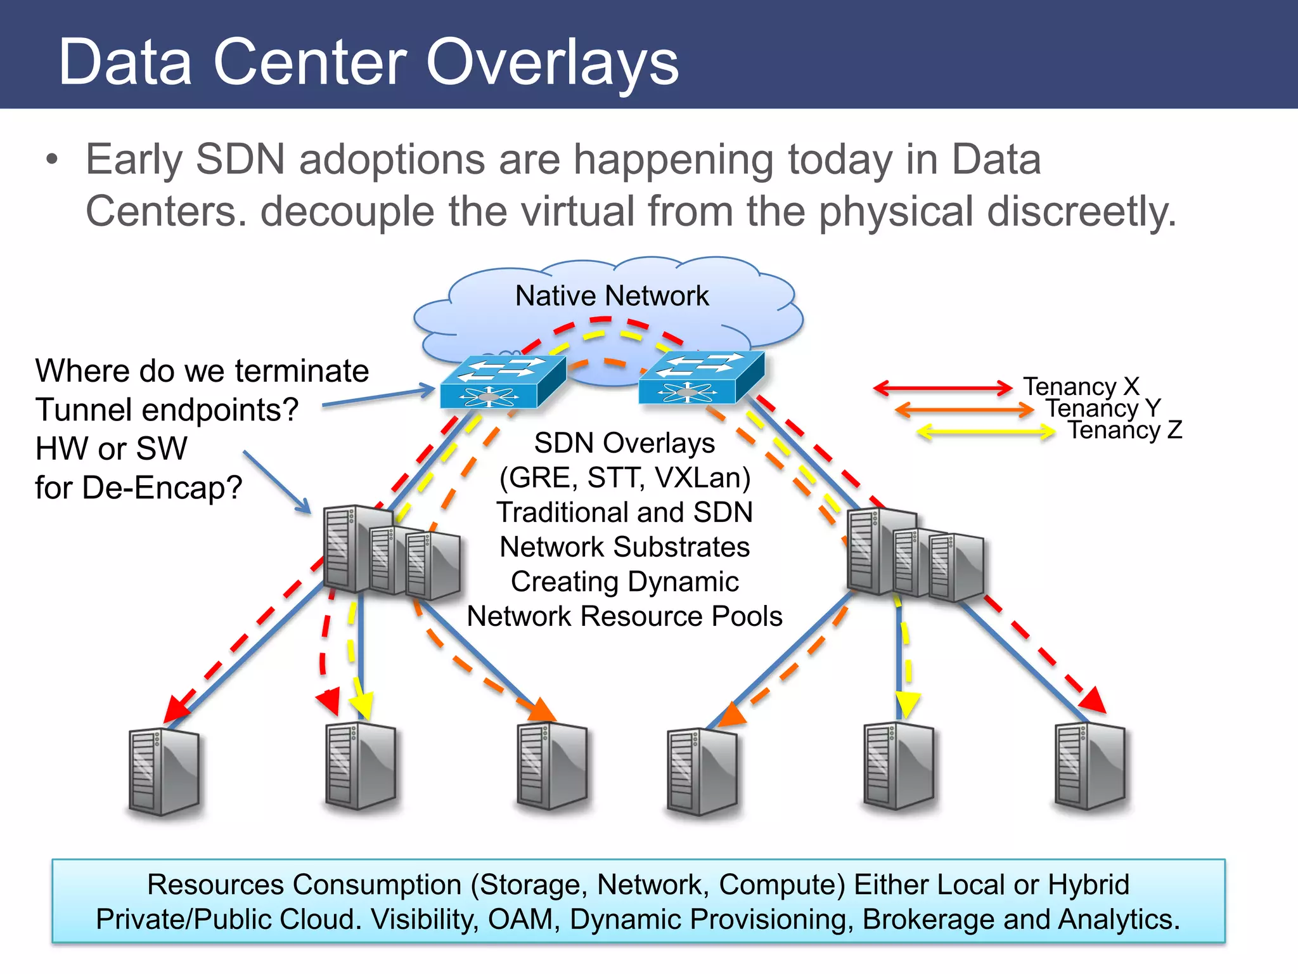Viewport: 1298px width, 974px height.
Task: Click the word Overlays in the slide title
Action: (552, 62)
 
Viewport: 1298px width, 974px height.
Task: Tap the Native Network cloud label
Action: (612, 296)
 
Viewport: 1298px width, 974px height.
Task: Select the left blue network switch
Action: (503, 382)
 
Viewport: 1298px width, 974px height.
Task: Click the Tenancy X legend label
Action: (1081, 386)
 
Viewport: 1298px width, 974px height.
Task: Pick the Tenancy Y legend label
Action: (1103, 408)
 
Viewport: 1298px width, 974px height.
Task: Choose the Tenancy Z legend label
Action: (1125, 430)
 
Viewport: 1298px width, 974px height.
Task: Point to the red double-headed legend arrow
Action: (942, 387)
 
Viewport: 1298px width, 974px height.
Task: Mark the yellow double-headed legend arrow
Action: (986, 432)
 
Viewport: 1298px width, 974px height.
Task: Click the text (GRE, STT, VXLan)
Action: (624, 477)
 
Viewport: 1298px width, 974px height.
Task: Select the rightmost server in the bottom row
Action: (1090, 767)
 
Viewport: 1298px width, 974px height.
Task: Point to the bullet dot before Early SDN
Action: (52, 160)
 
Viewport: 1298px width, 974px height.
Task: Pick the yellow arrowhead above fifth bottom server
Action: (907, 704)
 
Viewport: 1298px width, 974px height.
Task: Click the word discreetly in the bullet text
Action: (1081, 211)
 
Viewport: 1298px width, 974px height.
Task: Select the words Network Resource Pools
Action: (624, 616)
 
